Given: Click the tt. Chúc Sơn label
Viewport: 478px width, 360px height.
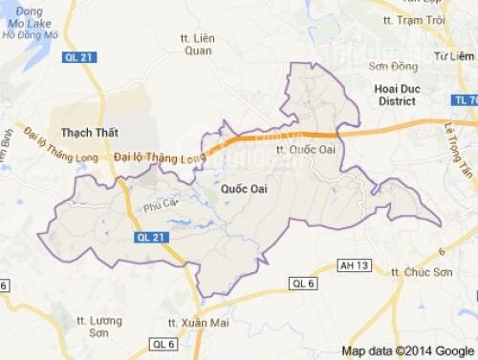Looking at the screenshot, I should coord(401,271).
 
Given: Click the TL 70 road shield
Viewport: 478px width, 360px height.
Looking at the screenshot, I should coord(467,98).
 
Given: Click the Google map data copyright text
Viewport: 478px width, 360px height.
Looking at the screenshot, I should coord(408,349).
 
